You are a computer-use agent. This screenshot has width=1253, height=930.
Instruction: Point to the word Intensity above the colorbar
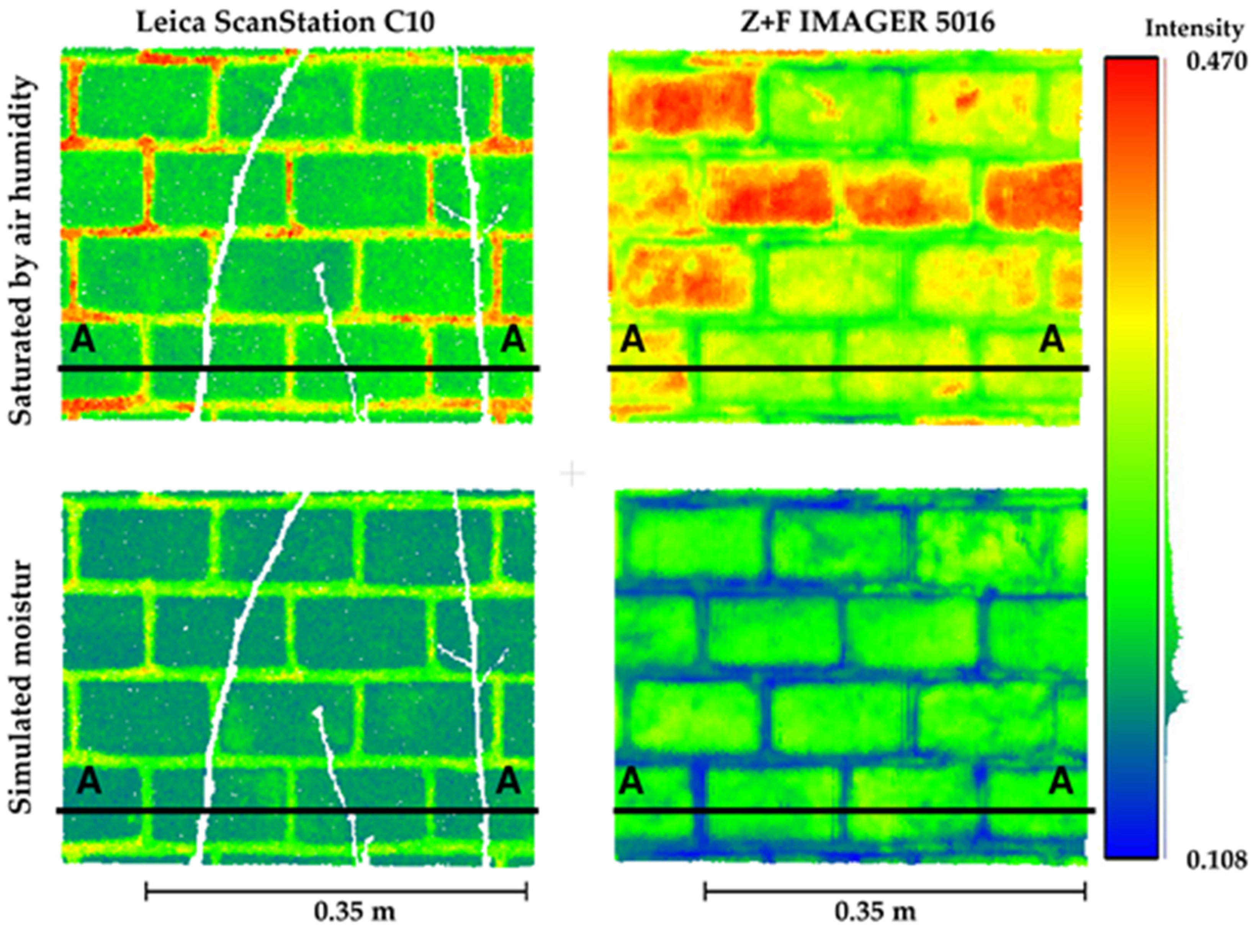click(x=1194, y=29)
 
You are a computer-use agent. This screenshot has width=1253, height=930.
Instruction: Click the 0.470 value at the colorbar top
click(x=1216, y=61)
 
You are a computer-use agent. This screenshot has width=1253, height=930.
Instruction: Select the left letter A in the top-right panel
click(x=632, y=341)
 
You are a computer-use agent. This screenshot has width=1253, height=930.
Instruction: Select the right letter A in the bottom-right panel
click(x=1062, y=783)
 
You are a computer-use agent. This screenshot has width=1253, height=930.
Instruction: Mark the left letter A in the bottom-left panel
click(x=88, y=783)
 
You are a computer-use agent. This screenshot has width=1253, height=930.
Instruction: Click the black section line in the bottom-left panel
click(x=298, y=811)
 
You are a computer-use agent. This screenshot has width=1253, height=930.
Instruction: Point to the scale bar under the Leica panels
click(x=336, y=892)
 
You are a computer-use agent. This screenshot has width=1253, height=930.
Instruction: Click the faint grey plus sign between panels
click(x=573, y=474)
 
